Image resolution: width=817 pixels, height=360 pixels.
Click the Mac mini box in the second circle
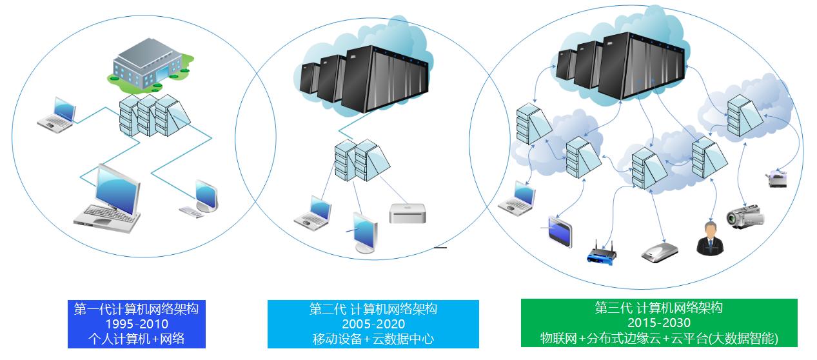point(408,214)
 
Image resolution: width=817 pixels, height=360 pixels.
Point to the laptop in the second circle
point(314,213)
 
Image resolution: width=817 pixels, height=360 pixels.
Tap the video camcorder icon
point(745,217)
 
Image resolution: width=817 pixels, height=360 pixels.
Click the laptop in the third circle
point(517,197)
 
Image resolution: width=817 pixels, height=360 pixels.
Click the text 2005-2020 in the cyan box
point(373,324)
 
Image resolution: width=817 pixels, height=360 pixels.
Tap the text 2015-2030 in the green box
point(659,323)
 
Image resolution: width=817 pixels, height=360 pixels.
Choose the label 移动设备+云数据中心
point(373,338)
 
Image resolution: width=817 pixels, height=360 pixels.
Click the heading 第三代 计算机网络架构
point(659,308)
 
